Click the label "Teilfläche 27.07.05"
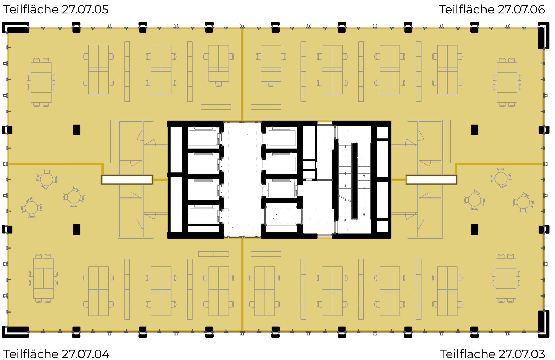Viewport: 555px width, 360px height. [x=55, y=10]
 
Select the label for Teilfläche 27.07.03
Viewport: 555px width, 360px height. [x=492, y=354]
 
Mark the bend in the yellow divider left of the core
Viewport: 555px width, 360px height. [x=103, y=164]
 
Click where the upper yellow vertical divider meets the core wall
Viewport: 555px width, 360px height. [x=242, y=121]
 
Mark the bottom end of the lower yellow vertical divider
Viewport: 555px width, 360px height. [x=242, y=331]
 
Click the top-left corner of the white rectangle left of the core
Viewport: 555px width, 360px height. [x=102, y=176]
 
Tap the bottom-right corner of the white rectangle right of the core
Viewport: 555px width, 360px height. [x=457, y=184]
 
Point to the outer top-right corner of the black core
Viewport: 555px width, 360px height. [x=391, y=121]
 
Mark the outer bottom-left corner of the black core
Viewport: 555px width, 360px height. [x=168, y=238]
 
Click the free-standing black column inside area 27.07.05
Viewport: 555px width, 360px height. [x=76, y=130]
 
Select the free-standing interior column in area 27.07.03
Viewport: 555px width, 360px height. [x=474, y=229]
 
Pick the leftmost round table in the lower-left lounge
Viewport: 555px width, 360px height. [x=31, y=207]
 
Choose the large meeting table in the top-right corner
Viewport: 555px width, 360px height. [x=507, y=82]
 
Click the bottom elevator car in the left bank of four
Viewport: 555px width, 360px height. [x=203, y=215]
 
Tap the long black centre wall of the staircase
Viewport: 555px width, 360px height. [x=354, y=181]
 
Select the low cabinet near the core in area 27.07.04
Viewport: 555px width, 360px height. [x=214, y=254]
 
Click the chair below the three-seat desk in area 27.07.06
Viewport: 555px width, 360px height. [x=271, y=84]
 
